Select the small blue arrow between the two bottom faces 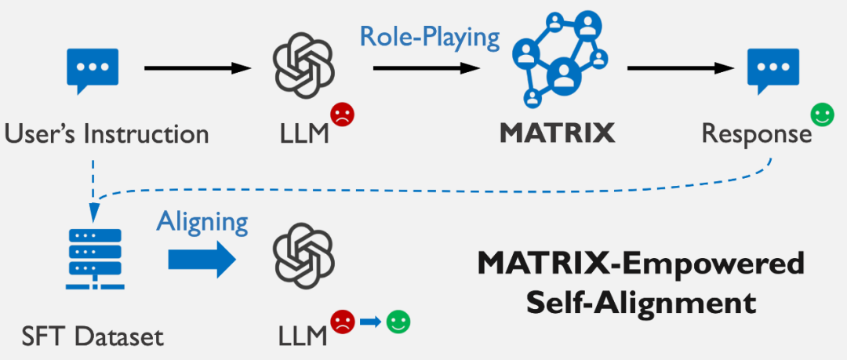[370, 322]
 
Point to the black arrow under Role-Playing [427, 69]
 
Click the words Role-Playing [430, 36]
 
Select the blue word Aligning [202, 221]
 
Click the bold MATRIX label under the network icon [558, 133]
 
